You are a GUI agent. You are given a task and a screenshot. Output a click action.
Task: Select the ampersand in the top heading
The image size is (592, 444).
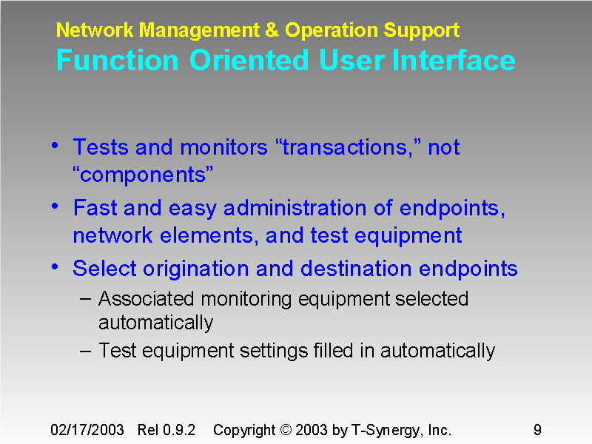coord(272,30)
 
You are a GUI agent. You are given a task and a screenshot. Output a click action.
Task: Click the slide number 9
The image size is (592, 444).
coord(537,430)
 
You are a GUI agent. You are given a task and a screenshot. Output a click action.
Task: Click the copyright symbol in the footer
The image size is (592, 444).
coord(287,430)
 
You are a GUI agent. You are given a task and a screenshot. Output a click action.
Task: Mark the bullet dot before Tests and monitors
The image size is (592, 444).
coord(56,146)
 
